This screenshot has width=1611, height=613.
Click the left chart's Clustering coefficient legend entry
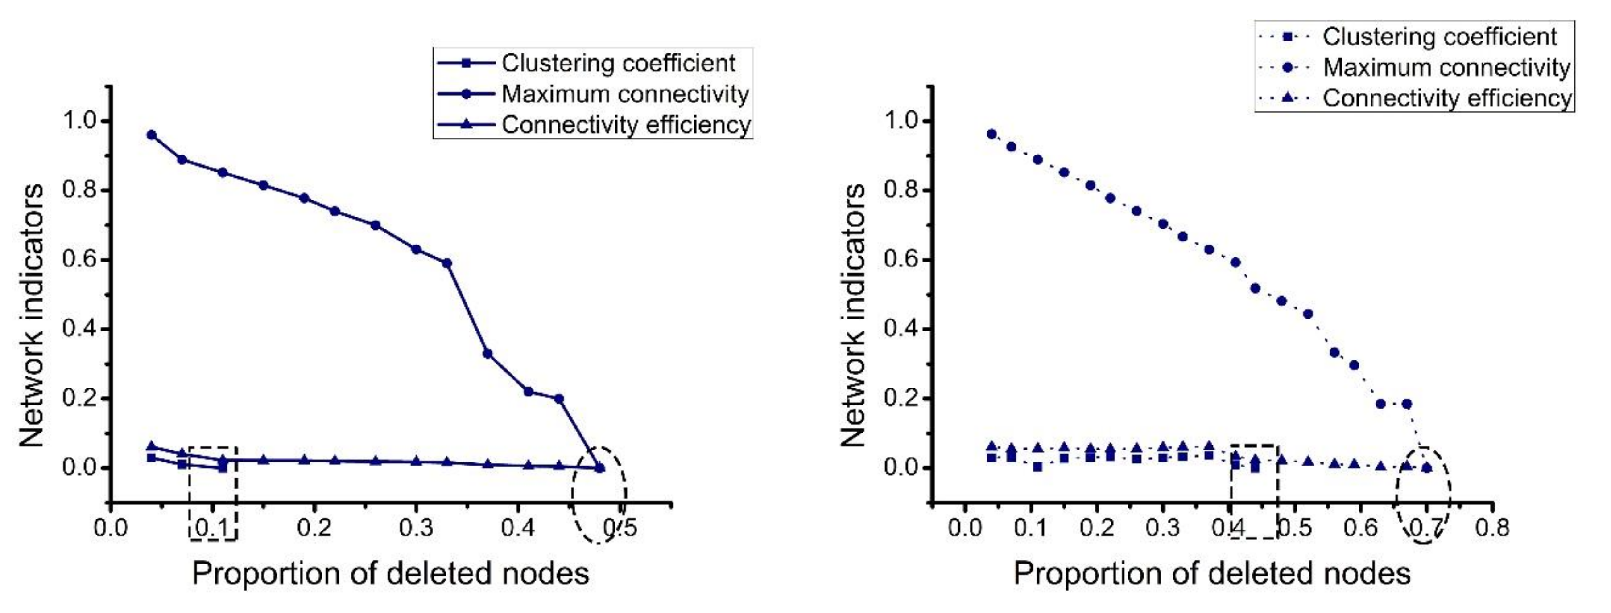(618, 63)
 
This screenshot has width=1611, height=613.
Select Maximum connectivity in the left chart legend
(624, 94)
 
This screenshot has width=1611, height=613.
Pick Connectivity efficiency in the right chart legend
(1446, 98)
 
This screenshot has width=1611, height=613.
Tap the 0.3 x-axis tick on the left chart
(416, 528)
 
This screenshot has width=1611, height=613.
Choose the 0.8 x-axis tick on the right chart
(1492, 528)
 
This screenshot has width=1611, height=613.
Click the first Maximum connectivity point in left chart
(151, 135)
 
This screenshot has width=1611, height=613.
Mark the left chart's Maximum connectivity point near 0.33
(446, 263)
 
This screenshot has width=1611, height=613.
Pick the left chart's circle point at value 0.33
(487, 354)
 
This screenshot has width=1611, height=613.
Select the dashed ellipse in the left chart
(599, 495)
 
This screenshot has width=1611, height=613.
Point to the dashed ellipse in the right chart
(1424, 495)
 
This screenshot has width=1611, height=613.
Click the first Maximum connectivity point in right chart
(991, 134)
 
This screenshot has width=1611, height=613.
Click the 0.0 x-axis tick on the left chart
(111, 528)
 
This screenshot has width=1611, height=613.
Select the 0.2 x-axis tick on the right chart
(1097, 528)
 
